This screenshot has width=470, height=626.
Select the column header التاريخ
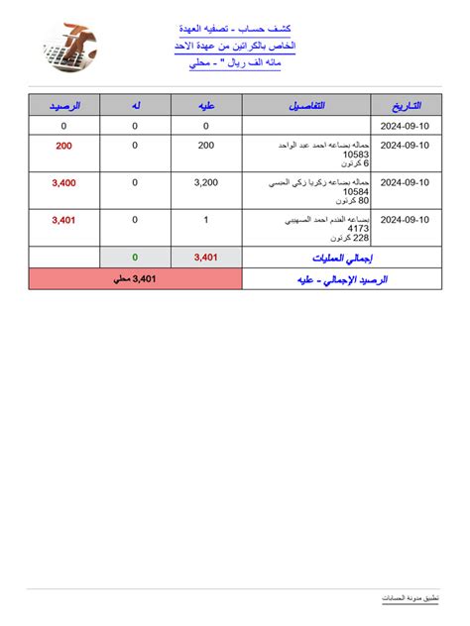[x=406, y=105]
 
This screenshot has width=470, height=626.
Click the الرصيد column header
[x=64, y=105]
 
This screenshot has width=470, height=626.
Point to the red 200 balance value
[x=64, y=146]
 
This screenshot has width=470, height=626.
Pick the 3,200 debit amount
[x=206, y=183]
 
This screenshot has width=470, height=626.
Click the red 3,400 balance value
[x=64, y=183]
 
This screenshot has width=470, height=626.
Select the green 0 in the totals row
[x=135, y=258]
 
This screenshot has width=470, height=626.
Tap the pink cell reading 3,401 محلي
[x=135, y=279]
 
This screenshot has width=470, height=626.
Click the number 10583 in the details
[x=355, y=155]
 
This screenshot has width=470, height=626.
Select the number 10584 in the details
[x=355, y=192]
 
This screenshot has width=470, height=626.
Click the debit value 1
[x=206, y=220]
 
